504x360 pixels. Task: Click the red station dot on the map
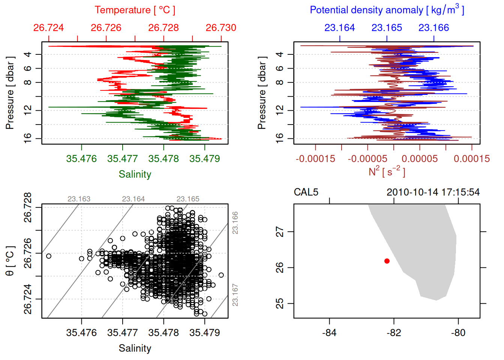point(387,261)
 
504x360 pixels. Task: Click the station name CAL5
point(306,192)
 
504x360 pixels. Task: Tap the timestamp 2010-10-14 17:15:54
point(433,192)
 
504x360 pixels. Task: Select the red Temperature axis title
point(135,10)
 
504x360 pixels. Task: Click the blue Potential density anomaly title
point(387,10)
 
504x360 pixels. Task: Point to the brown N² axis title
point(387,172)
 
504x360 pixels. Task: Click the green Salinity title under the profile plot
point(135,174)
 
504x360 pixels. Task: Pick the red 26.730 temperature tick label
point(221,28)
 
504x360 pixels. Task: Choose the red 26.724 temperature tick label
point(48,28)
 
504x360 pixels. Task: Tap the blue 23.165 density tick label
point(387,28)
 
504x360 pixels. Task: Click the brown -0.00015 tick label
point(315,159)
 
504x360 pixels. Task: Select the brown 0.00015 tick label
point(472,159)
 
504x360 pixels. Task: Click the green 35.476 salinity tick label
point(81,159)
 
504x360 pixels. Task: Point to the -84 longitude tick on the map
point(329,333)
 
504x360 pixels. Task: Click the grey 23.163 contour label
point(79,199)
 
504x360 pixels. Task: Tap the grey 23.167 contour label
point(235,295)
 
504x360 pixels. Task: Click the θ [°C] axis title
point(10,261)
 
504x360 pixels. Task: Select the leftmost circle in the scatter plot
point(48,256)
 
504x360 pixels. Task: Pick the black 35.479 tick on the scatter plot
point(204,333)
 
